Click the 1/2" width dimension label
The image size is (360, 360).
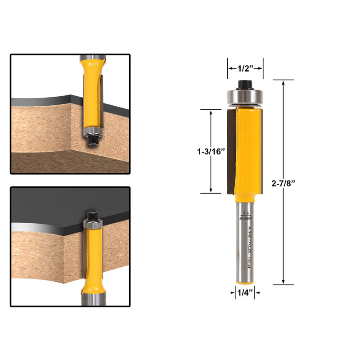(245, 68)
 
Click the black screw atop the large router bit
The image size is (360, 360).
(244, 84)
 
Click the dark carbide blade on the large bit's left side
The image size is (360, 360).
(231, 151)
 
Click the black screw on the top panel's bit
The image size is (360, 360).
(94, 140)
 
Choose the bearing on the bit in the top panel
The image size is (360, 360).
(93, 131)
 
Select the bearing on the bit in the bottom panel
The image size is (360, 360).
(93, 222)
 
